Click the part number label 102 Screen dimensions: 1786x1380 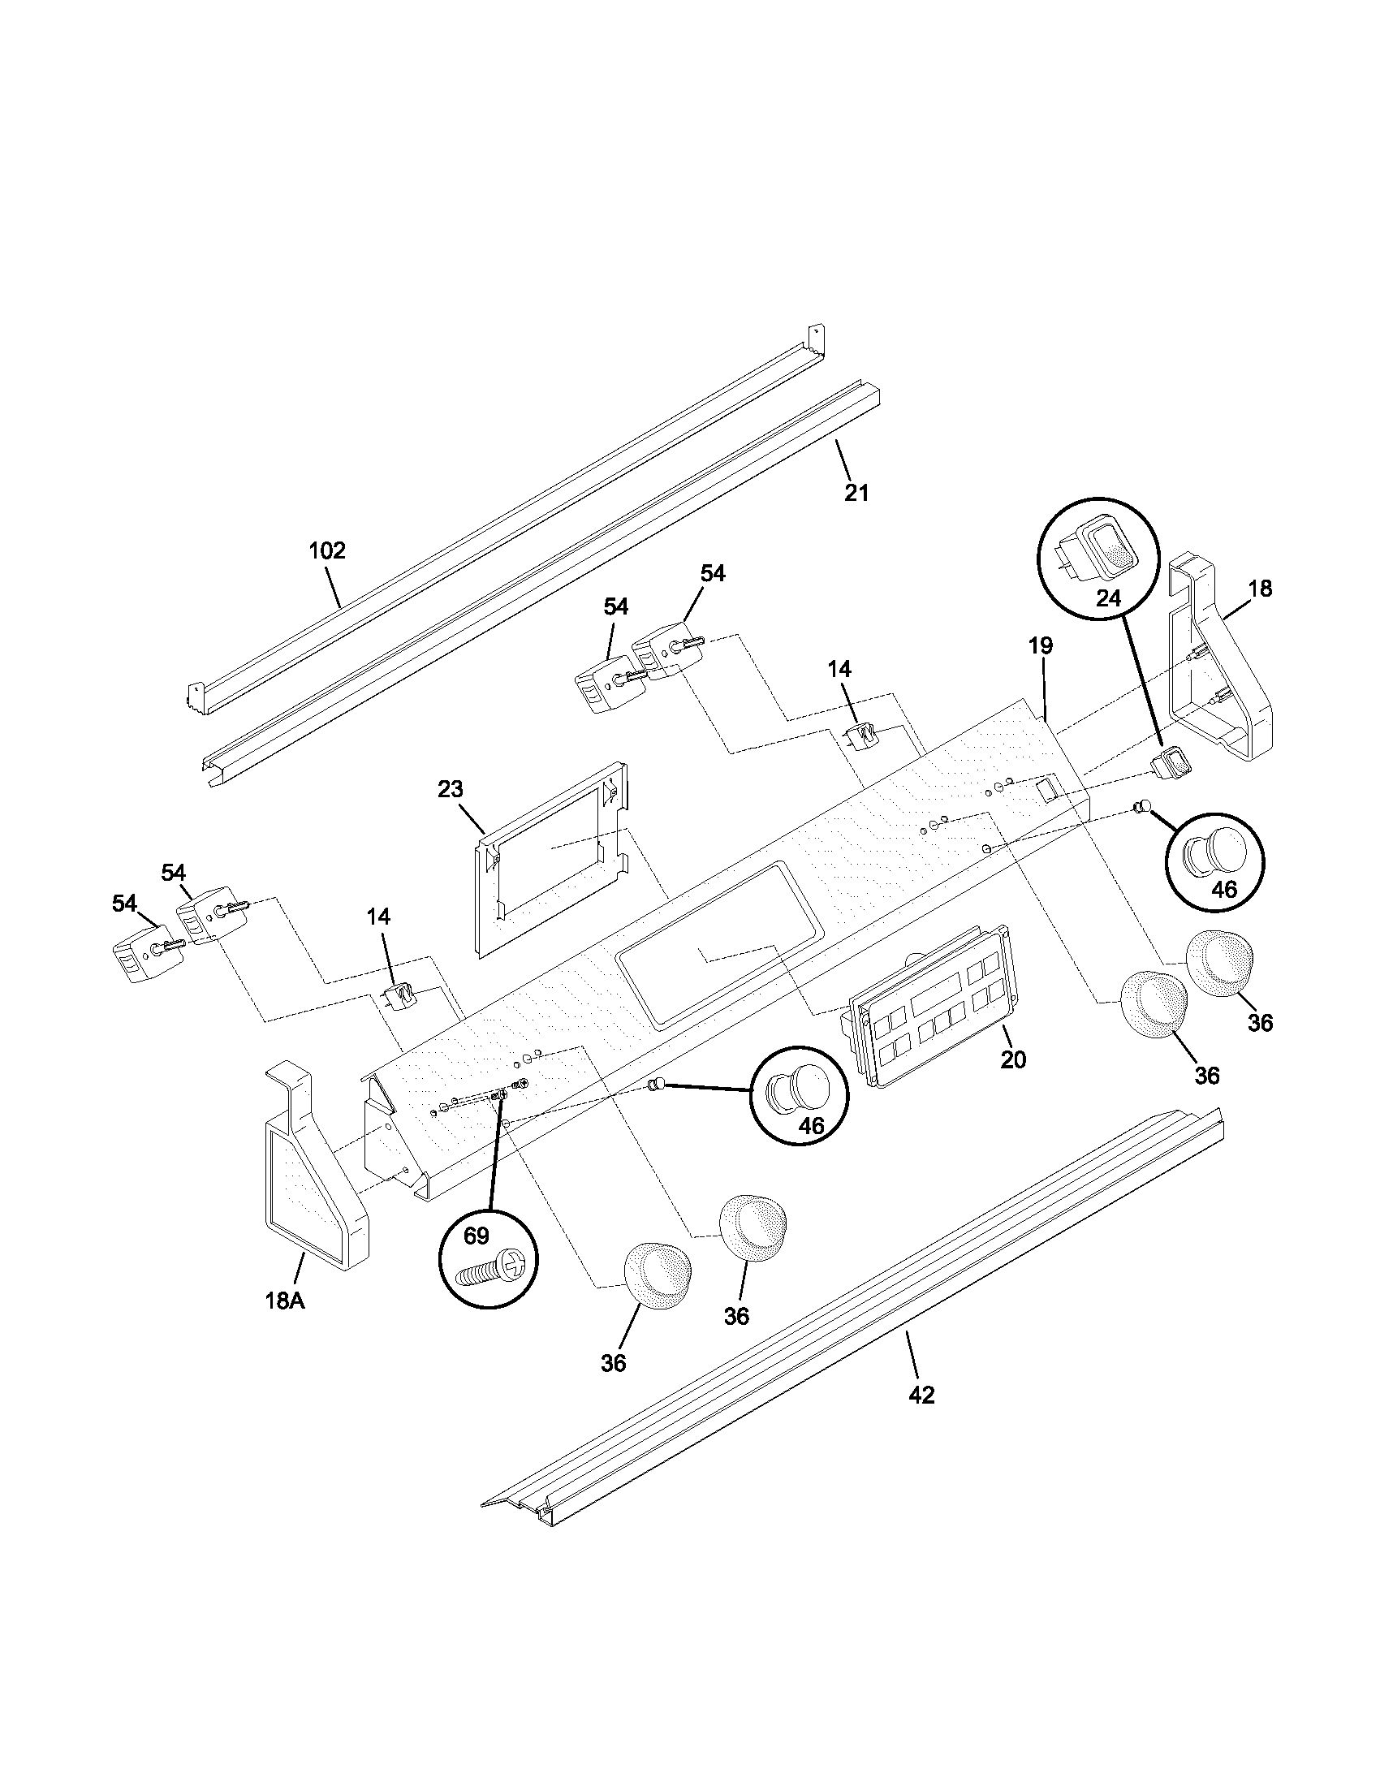[x=327, y=550]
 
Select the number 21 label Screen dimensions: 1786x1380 [x=856, y=493]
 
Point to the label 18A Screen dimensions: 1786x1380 [x=284, y=1323]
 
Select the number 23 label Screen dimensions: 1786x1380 [x=450, y=789]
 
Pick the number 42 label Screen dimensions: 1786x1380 [x=921, y=1395]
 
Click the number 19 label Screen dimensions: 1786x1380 [x=1040, y=645]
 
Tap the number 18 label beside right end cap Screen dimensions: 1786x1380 [x=1260, y=588]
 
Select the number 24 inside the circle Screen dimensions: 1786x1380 [x=1108, y=598]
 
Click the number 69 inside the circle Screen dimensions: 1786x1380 [x=476, y=1236]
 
